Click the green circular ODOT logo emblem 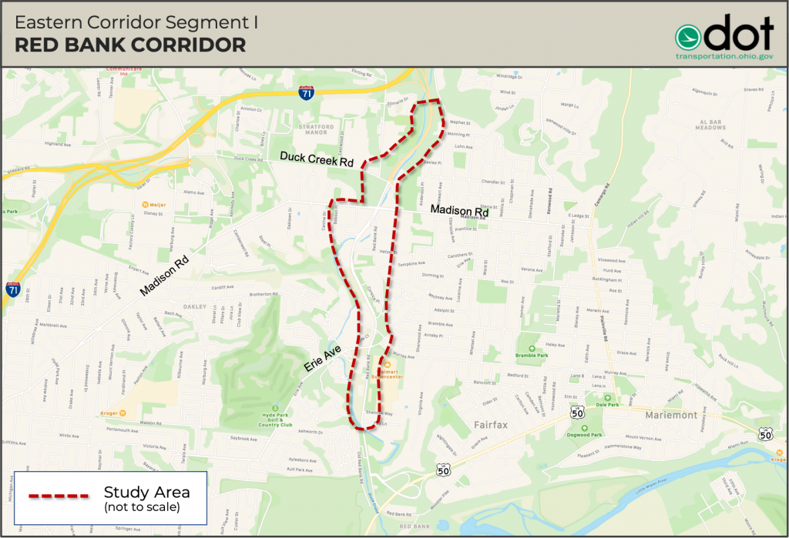tap(692, 35)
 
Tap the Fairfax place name tap(484, 424)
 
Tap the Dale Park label tap(607, 404)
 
